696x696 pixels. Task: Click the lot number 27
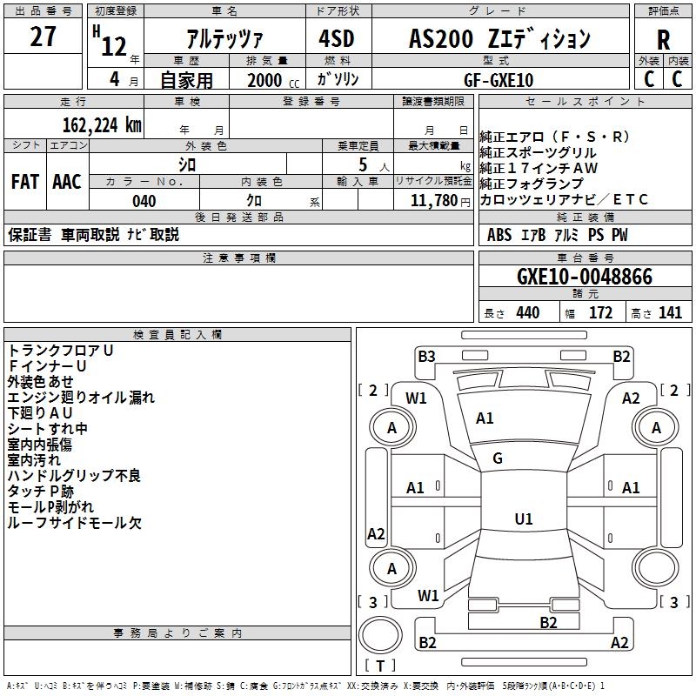pyautogui.click(x=43, y=37)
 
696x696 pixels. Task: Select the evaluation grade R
pyautogui.click(x=663, y=40)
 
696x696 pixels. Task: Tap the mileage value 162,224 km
pyautogui.click(x=102, y=125)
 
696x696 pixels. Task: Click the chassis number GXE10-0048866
pyautogui.click(x=585, y=277)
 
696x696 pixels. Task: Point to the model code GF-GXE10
pyautogui.click(x=499, y=80)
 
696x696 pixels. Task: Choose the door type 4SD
pyautogui.click(x=337, y=38)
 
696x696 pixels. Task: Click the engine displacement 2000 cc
pyautogui.click(x=273, y=80)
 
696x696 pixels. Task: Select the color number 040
pyautogui.click(x=144, y=201)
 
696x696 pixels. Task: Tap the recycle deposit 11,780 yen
pyautogui.click(x=440, y=201)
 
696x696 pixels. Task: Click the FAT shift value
pyautogui.click(x=25, y=182)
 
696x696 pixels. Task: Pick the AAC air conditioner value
pyautogui.click(x=67, y=182)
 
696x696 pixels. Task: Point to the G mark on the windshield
pyautogui.click(x=498, y=458)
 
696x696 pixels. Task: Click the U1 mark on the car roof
pyautogui.click(x=524, y=519)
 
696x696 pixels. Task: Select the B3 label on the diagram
pyautogui.click(x=426, y=357)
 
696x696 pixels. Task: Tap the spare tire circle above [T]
pyautogui.click(x=380, y=634)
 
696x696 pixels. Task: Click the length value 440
pyautogui.click(x=528, y=313)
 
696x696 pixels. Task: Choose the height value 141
pyautogui.click(x=670, y=313)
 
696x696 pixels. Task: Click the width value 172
pyautogui.click(x=600, y=313)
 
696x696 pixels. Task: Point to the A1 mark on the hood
pyautogui.click(x=485, y=418)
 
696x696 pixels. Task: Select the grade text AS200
pyautogui.click(x=441, y=38)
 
